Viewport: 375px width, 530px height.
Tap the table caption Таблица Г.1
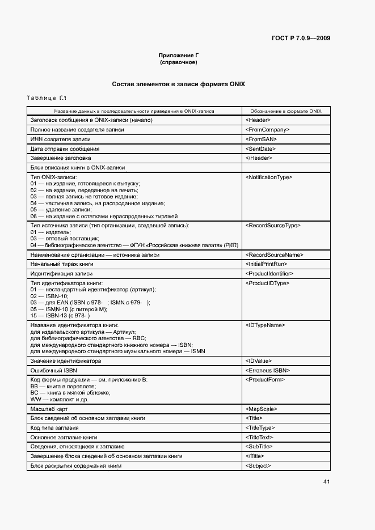tap(47, 99)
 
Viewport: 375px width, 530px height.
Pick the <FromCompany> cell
tap(268, 130)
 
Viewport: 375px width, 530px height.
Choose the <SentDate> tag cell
tap(262, 149)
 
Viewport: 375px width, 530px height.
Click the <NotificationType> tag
tap(269, 177)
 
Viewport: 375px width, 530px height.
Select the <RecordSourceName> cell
tap(275, 255)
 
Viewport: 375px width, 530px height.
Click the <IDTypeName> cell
tap(265, 325)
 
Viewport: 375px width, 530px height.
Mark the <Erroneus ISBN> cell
tap(268, 370)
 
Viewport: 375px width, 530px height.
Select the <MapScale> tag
tap(262, 409)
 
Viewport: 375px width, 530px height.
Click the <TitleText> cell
tap(260, 438)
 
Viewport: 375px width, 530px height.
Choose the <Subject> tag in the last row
tap(258, 466)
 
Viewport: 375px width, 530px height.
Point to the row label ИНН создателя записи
tap(60, 139)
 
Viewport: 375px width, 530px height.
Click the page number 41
tap(326, 482)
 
